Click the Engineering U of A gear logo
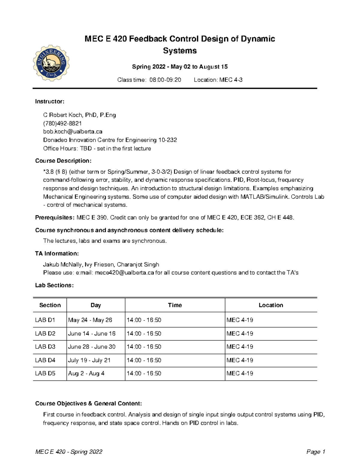(x=51, y=63)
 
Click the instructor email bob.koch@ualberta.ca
(x=73, y=131)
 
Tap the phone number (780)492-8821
(x=62, y=123)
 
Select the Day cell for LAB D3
(x=91, y=347)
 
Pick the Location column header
(x=271, y=305)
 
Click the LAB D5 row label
(x=45, y=373)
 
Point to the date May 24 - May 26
(x=90, y=320)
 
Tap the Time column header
(x=175, y=305)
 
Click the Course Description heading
(x=63, y=161)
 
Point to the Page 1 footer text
(x=316, y=452)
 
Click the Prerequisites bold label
(x=54, y=218)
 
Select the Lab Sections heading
(x=54, y=285)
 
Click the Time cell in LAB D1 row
(x=144, y=320)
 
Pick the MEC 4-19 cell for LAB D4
(x=240, y=360)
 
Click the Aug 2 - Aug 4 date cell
(x=86, y=373)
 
